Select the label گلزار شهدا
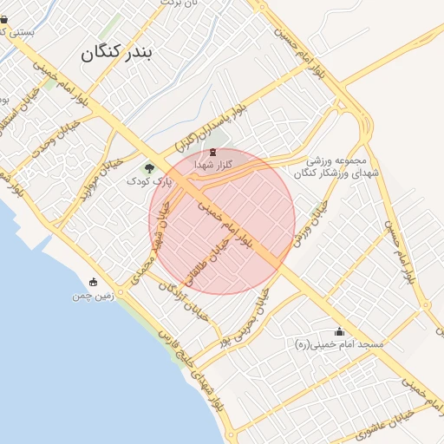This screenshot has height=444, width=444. click(x=213, y=164)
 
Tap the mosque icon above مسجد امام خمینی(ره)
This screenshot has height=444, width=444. click(x=338, y=332)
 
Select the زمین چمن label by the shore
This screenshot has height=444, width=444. click(x=94, y=294)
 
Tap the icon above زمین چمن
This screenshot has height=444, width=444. click(x=94, y=282)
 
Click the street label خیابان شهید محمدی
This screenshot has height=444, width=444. click(x=147, y=259)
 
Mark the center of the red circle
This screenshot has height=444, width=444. click(x=222, y=221)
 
